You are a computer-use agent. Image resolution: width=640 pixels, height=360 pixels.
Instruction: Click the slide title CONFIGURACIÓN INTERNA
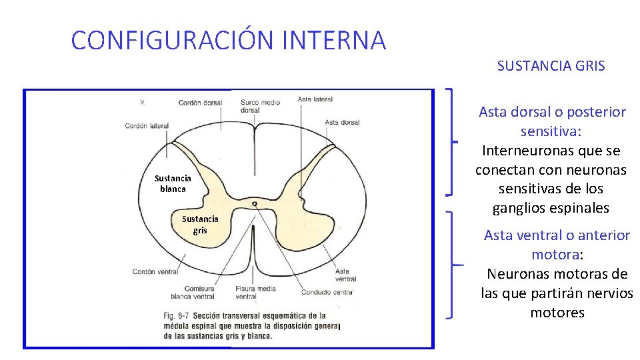point(228,41)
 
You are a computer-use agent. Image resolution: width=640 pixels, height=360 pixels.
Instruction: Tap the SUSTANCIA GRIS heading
point(551,66)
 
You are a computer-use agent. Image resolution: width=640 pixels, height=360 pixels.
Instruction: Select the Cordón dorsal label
point(199,103)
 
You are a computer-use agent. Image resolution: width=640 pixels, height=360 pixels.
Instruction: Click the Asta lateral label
point(315,99)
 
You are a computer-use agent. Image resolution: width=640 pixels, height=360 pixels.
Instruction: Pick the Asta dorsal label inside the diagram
point(342,123)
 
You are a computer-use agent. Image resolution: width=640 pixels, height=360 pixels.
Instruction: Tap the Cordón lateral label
point(147,126)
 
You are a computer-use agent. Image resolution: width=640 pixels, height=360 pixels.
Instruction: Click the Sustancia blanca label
point(173,183)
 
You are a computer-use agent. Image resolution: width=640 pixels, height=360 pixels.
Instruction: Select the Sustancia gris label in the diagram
point(200,224)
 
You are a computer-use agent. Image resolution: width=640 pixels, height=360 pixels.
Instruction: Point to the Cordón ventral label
point(155,272)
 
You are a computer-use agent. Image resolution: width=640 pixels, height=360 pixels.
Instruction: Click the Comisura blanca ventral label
point(193,292)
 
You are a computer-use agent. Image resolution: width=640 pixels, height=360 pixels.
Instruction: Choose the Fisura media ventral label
point(255,292)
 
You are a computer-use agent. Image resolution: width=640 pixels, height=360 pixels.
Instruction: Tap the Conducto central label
point(327,292)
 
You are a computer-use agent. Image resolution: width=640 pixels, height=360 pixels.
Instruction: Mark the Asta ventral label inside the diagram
point(345,275)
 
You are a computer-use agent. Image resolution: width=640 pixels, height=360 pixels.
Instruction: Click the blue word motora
point(555,254)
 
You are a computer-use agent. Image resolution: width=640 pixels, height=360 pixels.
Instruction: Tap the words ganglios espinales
point(551,208)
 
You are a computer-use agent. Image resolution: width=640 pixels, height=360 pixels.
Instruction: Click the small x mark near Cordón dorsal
point(142,102)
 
